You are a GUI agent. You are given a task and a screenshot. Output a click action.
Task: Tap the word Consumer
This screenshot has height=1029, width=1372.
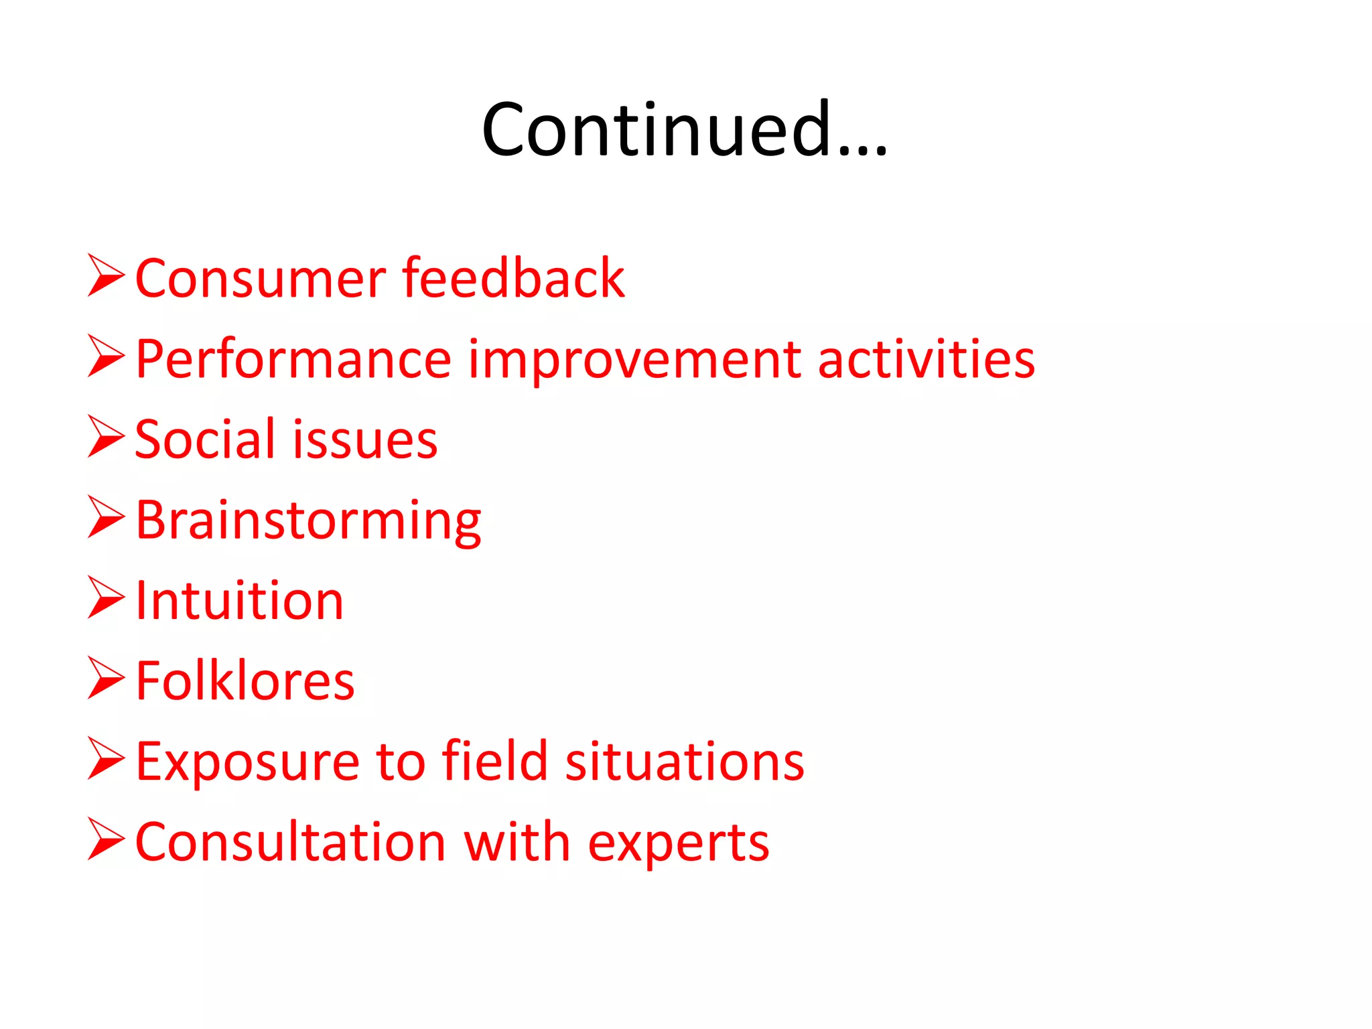click(260, 278)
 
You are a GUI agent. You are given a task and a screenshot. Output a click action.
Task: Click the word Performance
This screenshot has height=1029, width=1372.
click(293, 360)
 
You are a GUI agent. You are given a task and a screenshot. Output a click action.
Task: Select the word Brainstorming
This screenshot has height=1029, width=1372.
click(308, 521)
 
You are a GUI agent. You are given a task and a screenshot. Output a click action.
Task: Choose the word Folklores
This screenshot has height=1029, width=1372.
click(245, 681)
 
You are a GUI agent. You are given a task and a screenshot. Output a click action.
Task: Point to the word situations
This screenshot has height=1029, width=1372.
click(684, 761)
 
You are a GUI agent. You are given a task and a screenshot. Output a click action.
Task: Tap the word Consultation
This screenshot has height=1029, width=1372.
click(290, 842)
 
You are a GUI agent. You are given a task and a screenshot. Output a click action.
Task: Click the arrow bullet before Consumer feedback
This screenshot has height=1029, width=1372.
click(106, 275)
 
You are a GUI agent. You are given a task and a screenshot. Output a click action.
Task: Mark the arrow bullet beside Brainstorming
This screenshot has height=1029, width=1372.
click(106, 517)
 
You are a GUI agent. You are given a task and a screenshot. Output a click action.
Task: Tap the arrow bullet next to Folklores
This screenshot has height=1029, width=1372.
click(106, 678)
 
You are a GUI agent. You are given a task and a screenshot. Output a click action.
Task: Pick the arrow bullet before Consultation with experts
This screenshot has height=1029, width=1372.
click(106, 839)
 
